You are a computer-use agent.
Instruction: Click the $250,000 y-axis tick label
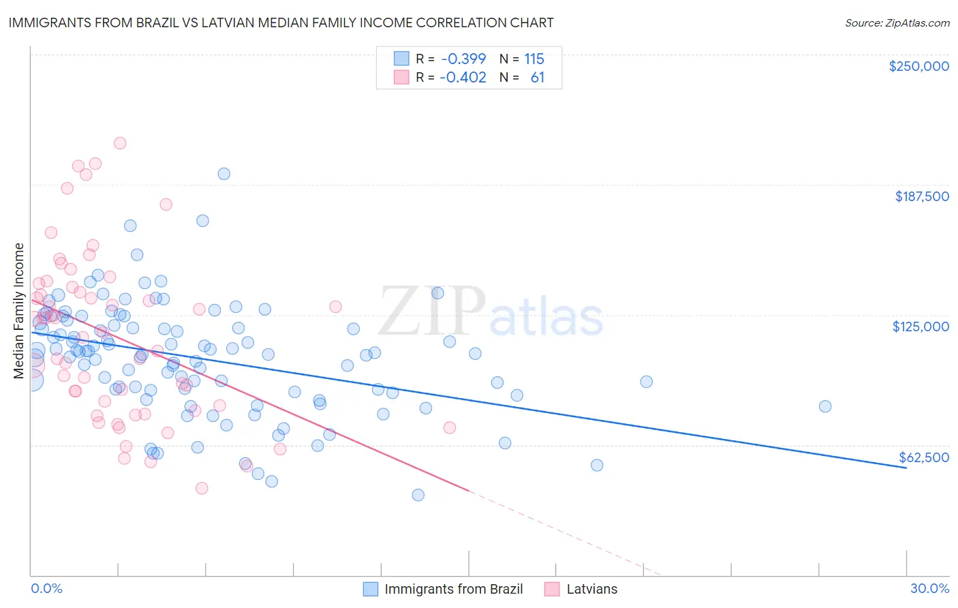918,66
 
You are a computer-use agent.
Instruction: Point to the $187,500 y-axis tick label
921,196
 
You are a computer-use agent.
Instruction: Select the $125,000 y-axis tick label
921,326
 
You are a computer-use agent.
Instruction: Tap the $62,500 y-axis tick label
923,457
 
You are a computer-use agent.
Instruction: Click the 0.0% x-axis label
46,589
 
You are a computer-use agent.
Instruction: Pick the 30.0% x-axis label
929,589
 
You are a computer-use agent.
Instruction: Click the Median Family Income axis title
18,311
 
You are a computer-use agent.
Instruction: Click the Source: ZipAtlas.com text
897,22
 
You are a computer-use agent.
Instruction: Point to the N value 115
534,59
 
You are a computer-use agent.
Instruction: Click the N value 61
538,77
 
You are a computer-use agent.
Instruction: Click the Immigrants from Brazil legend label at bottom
453,589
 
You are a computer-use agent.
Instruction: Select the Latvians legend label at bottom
591,589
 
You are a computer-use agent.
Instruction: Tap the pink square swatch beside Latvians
552,589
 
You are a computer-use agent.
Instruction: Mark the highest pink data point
120,143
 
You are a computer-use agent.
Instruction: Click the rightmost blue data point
825,406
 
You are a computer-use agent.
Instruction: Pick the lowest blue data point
418,495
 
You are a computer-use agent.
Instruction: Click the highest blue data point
223,174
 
